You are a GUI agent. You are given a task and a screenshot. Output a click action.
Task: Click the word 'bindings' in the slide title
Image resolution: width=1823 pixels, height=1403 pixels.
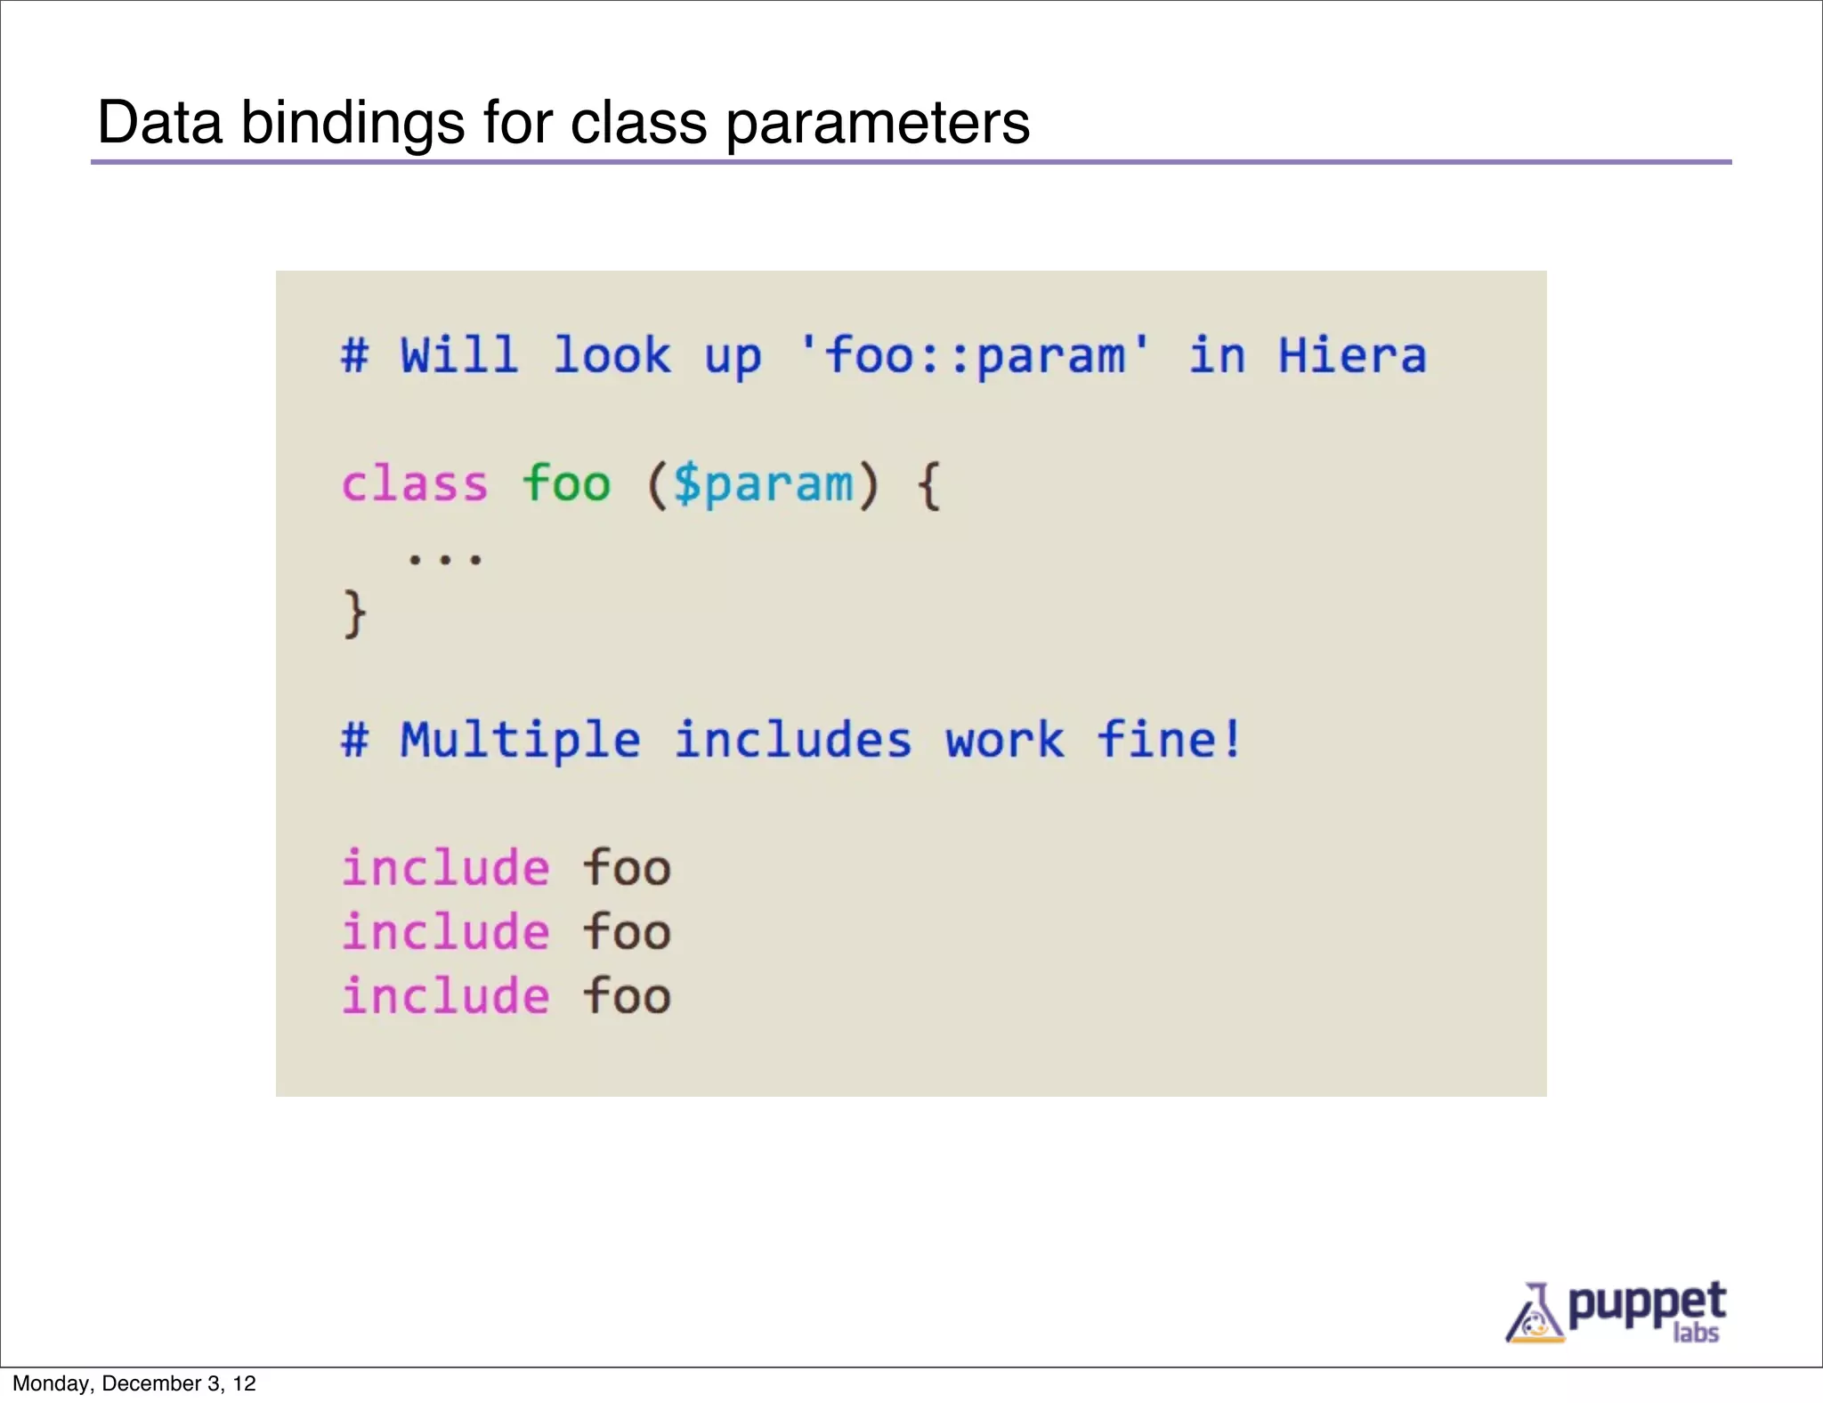click(x=352, y=123)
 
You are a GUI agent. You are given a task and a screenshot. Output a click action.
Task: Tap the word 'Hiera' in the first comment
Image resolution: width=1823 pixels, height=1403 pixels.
click(x=1352, y=355)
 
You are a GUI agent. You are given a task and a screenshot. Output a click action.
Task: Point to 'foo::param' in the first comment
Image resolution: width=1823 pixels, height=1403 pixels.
click(x=976, y=355)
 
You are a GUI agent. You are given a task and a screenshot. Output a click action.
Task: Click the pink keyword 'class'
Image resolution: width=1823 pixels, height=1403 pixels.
click(x=415, y=484)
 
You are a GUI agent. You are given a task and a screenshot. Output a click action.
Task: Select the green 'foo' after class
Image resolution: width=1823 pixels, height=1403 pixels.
click(x=566, y=484)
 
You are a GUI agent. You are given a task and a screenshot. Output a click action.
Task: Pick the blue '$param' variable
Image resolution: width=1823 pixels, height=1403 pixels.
click(x=763, y=484)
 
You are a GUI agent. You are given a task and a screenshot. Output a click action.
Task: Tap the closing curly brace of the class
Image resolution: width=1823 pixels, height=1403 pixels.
click(x=354, y=613)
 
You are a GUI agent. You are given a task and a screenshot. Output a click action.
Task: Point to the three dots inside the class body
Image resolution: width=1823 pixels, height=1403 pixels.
click(x=444, y=559)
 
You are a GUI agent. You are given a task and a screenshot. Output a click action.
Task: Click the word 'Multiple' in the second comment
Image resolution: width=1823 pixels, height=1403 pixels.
click(x=521, y=740)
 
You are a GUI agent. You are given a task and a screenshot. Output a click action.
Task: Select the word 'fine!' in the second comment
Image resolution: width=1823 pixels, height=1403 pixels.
click(x=1169, y=740)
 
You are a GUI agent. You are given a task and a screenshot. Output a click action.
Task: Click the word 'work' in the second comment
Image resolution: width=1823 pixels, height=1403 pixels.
click(x=1004, y=740)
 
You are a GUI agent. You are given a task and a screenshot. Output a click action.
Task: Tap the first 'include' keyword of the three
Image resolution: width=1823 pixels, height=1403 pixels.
click(x=446, y=868)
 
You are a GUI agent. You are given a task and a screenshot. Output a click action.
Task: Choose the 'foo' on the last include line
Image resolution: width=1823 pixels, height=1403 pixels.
click(x=627, y=996)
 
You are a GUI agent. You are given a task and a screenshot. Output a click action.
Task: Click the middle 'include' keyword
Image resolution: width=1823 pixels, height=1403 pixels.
click(x=446, y=932)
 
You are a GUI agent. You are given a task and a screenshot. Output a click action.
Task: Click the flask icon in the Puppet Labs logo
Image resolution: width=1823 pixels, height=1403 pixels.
click(x=1534, y=1313)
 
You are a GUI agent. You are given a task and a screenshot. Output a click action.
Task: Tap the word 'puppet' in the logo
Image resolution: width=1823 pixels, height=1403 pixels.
click(x=1646, y=1305)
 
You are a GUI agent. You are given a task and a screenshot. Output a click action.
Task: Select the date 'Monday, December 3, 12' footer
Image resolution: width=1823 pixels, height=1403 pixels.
click(x=134, y=1383)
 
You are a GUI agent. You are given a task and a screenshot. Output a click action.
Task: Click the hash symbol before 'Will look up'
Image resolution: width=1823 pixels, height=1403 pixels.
click(x=354, y=355)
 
